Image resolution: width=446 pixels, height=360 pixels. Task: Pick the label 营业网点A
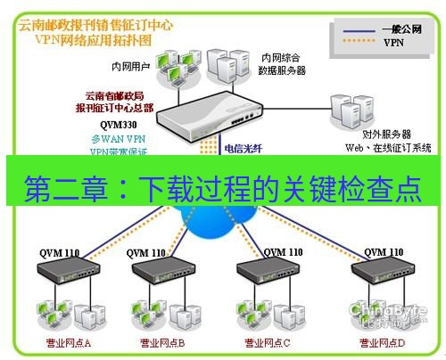click(x=70, y=342)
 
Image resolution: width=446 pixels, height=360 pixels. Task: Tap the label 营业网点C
click(x=267, y=342)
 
